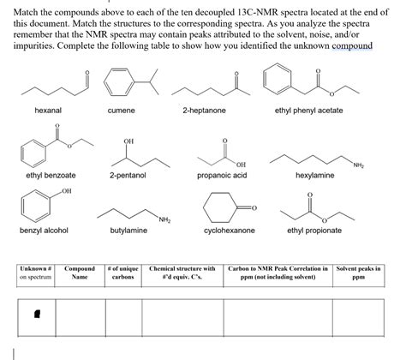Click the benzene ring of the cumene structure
(x=113, y=84)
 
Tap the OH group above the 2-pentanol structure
(x=128, y=141)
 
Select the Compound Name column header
(x=80, y=273)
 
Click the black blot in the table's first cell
(x=35, y=315)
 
